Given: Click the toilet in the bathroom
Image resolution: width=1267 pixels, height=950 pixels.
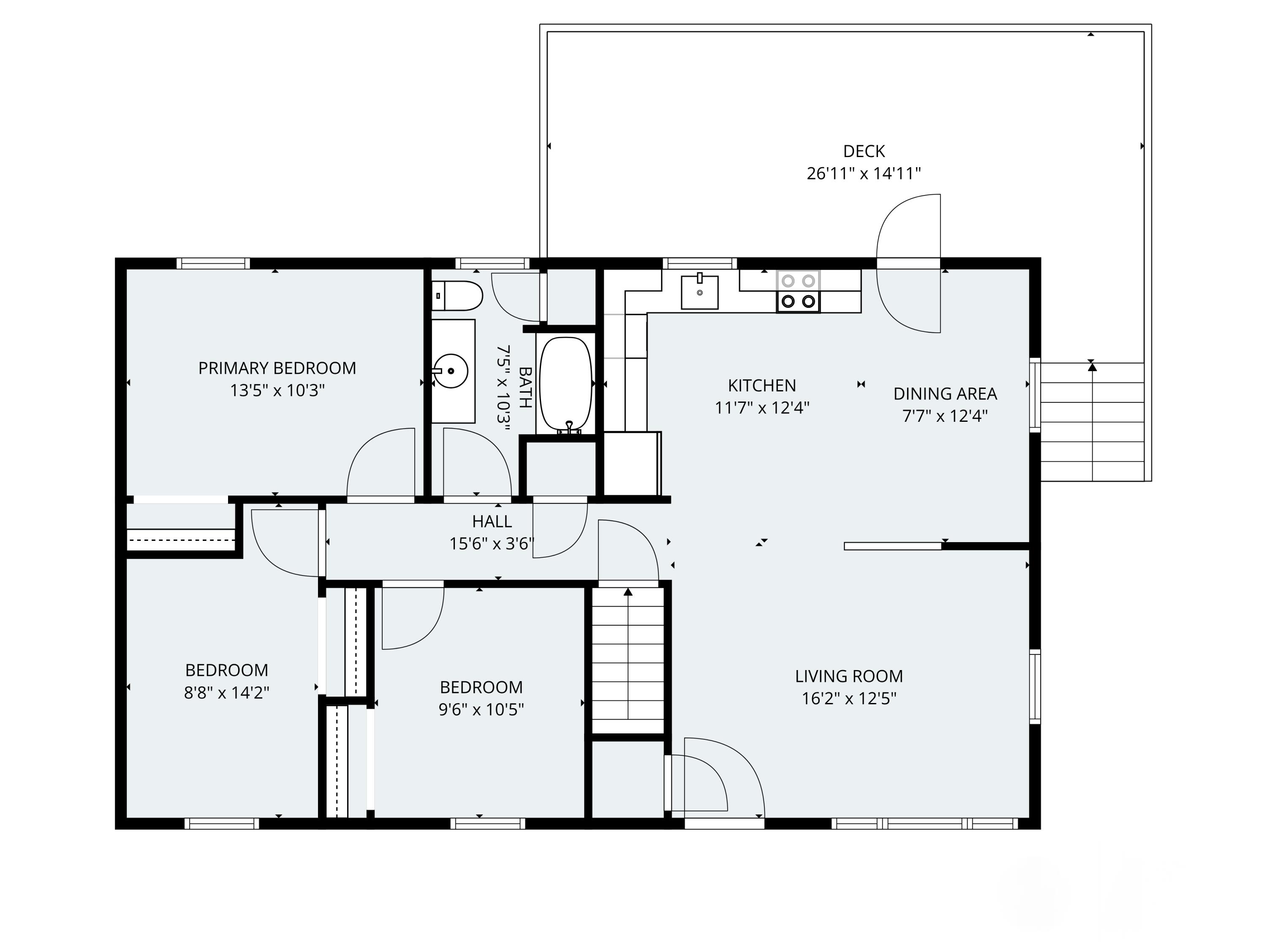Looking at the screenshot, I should (x=457, y=296).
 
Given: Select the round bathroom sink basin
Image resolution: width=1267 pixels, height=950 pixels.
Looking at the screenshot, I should (x=451, y=371).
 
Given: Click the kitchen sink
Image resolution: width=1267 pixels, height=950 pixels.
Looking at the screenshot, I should (x=699, y=292).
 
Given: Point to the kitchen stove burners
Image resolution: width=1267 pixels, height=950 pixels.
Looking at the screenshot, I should (x=798, y=291).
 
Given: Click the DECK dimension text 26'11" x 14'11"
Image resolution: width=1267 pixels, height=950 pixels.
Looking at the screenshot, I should (x=863, y=174).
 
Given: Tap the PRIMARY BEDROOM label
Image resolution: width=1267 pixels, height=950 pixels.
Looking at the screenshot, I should (x=277, y=368).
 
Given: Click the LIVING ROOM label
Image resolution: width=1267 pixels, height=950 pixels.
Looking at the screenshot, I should (x=848, y=676).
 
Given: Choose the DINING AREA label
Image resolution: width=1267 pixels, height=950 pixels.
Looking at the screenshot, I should (x=944, y=394).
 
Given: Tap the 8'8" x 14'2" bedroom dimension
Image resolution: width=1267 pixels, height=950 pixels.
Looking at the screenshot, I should (x=226, y=693).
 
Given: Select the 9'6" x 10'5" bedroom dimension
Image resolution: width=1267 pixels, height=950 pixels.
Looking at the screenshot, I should (x=481, y=709).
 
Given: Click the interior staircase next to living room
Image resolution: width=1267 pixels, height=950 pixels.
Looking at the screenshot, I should (x=628, y=659).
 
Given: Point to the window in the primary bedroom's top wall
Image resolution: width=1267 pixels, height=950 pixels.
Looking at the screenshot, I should (x=213, y=263).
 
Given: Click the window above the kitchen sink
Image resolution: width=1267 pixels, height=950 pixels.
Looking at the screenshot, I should (x=699, y=263).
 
